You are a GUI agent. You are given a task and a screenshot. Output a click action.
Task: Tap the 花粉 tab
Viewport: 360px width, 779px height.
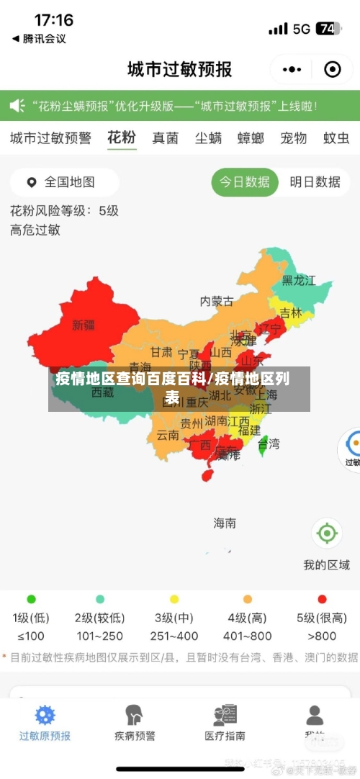click(121, 138)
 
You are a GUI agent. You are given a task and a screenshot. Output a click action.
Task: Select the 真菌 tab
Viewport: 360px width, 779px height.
click(165, 138)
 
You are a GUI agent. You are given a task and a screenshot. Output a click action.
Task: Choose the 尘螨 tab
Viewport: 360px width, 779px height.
click(208, 138)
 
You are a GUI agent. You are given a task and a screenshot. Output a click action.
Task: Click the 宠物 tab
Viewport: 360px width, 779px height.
click(293, 138)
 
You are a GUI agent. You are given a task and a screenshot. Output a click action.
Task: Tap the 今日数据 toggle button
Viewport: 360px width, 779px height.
click(245, 182)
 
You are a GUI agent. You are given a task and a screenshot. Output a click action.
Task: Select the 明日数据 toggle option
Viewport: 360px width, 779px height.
click(315, 182)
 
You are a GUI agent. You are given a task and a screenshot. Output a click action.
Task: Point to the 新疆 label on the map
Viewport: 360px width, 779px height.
click(84, 325)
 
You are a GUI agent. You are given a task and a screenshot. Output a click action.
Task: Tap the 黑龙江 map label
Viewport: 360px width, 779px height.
click(299, 280)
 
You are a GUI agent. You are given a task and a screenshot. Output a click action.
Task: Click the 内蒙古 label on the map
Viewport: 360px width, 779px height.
click(216, 301)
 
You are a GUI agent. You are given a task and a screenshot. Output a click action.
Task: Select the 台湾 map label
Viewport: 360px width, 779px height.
click(268, 444)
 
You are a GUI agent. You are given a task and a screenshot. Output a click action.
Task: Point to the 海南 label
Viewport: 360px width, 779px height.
click(224, 523)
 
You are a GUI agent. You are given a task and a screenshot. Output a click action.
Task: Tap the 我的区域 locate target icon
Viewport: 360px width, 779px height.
click(326, 533)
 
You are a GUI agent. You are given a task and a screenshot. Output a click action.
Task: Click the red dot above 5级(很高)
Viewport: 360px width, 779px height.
click(322, 599)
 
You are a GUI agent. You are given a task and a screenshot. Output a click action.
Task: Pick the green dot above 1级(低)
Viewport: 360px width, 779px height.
click(31, 599)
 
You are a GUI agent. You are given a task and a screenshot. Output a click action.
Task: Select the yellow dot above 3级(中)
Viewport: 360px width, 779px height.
click(174, 599)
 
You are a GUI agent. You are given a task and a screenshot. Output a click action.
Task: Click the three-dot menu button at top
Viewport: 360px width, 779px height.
click(292, 69)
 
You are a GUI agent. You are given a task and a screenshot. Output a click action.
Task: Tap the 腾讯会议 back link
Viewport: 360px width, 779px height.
click(40, 39)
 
